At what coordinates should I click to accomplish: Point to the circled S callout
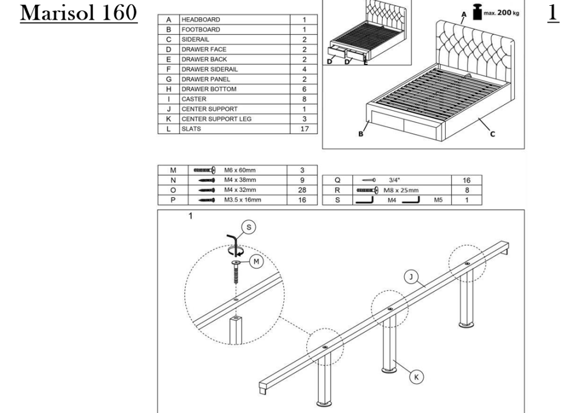250,228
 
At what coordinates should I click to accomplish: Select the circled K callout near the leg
415,377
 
